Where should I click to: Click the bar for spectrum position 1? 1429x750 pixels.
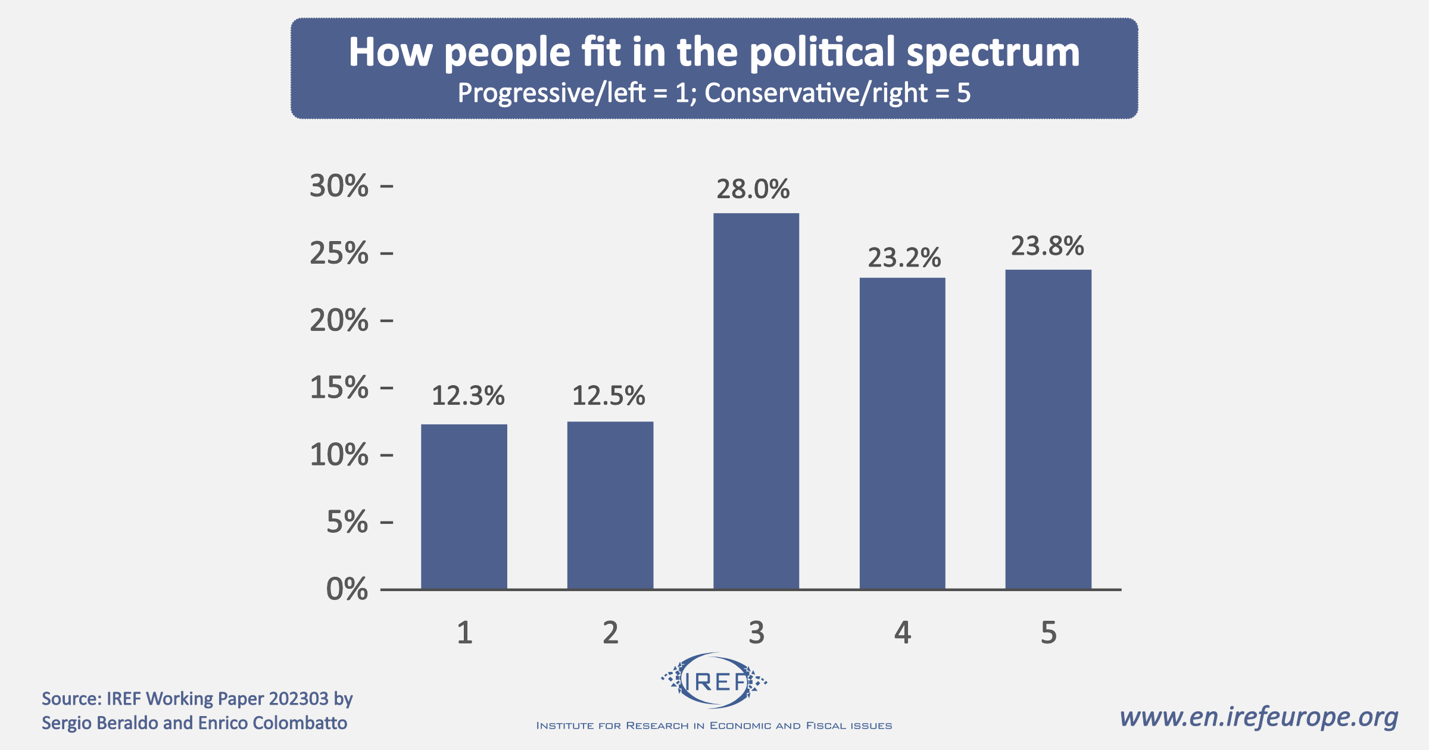pyautogui.click(x=464, y=507)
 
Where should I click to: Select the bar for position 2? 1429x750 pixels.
pyautogui.click(x=610, y=505)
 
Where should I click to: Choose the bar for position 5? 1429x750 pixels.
pyautogui.click(x=1048, y=429)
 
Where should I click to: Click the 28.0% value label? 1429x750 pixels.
pyautogui.click(x=753, y=189)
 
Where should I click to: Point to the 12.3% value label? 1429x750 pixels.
pyautogui.click(x=468, y=396)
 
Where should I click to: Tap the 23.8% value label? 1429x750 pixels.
pyautogui.click(x=1047, y=246)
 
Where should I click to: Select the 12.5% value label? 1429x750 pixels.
pyautogui.click(x=609, y=396)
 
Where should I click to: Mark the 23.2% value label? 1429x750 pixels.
pyautogui.click(x=904, y=258)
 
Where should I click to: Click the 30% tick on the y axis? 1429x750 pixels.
pyautogui.click(x=339, y=186)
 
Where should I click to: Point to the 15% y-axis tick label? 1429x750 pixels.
pyautogui.click(x=339, y=388)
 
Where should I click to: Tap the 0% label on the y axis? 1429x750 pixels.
pyautogui.click(x=347, y=589)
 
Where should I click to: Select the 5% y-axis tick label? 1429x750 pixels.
pyautogui.click(x=347, y=523)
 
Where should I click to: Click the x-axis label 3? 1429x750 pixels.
pyautogui.click(x=756, y=633)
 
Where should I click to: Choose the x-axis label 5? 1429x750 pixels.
pyautogui.click(x=1049, y=633)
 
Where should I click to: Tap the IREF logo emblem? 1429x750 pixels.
pyautogui.click(x=714, y=681)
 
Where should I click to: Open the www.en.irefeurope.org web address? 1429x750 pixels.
pyautogui.click(x=1259, y=717)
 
